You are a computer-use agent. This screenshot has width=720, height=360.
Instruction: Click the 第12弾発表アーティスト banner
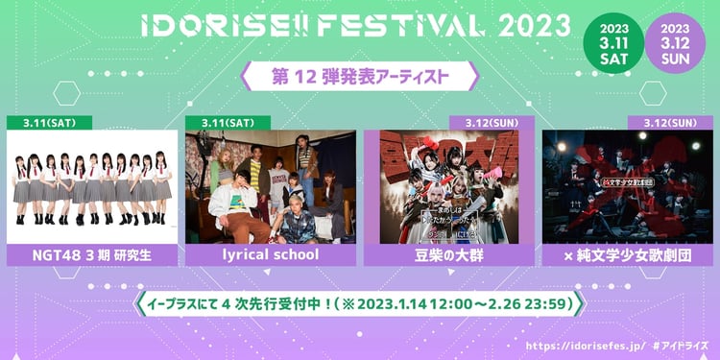(x=360, y=74)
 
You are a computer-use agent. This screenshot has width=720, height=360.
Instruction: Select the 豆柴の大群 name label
(x=447, y=255)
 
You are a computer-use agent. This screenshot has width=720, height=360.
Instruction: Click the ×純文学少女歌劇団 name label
(x=626, y=255)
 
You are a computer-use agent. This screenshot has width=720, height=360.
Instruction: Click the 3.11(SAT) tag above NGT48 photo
(x=49, y=123)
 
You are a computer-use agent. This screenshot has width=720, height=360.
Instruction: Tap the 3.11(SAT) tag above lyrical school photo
(x=228, y=123)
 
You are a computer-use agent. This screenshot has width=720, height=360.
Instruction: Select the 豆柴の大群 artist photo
(x=447, y=186)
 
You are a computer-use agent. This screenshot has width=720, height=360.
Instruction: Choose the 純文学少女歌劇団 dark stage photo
(x=626, y=186)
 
